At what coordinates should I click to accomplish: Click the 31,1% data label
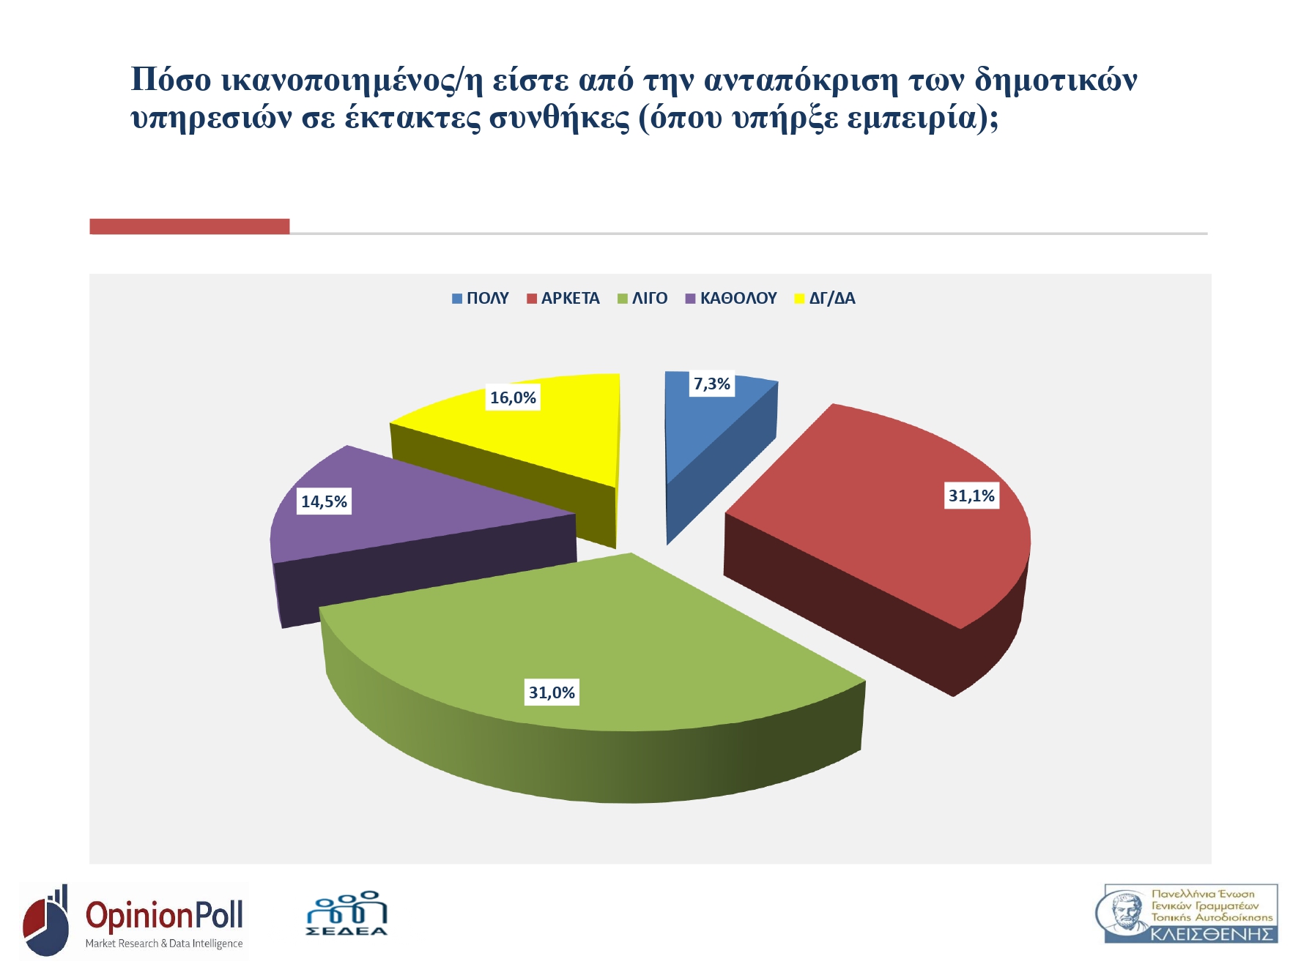971,496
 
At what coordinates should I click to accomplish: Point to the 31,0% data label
552,692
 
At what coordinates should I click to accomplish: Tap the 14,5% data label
324,501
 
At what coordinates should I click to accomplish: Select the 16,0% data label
513,397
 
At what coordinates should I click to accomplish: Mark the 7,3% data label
711,384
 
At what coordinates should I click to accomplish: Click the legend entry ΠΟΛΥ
481,299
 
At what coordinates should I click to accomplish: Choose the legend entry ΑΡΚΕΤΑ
563,299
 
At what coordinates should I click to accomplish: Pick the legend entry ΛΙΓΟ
642,299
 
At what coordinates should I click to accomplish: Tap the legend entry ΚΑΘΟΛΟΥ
731,299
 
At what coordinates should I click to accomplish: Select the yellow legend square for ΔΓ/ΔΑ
800,299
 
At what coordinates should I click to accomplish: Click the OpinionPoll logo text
164,916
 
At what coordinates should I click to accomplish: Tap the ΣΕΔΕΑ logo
346,914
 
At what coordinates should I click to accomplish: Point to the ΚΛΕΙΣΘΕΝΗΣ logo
1187,914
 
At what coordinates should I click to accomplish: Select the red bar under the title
190,226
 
